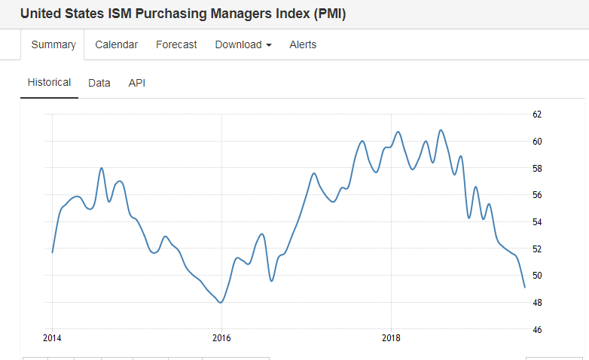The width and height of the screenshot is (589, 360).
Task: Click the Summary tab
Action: click(x=53, y=45)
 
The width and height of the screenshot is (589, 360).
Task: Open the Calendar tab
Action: click(x=116, y=45)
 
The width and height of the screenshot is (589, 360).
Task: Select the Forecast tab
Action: click(x=176, y=45)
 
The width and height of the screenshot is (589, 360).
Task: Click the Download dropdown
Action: click(x=243, y=45)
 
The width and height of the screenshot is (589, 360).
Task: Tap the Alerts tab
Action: click(x=303, y=45)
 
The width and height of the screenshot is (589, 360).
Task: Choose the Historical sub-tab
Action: click(x=49, y=83)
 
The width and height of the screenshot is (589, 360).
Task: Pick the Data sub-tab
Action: click(x=99, y=83)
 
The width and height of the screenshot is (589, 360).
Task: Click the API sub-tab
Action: click(x=136, y=83)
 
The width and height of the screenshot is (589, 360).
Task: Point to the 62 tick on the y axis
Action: click(x=537, y=114)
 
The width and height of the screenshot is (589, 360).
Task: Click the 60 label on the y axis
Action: click(x=537, y=142)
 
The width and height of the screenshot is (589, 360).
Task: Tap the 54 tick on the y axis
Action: click(x=537, y=222)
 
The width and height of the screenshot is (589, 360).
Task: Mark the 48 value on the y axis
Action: click(x=537, y=303)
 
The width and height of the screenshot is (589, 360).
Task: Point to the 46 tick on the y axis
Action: click(x=537, y=330)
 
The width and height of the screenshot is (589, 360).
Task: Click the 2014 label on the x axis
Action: click(x=52, y=337)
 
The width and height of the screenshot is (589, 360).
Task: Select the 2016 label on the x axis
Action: click(x=221, y=337)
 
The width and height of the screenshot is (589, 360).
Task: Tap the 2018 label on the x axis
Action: click(x=391, y=337)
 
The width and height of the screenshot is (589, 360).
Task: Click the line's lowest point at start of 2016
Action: click(x=221, y=302)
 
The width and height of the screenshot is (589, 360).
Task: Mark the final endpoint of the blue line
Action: click(x=524, y=287)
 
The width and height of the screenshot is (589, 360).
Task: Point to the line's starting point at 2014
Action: click(x=52, y=252)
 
